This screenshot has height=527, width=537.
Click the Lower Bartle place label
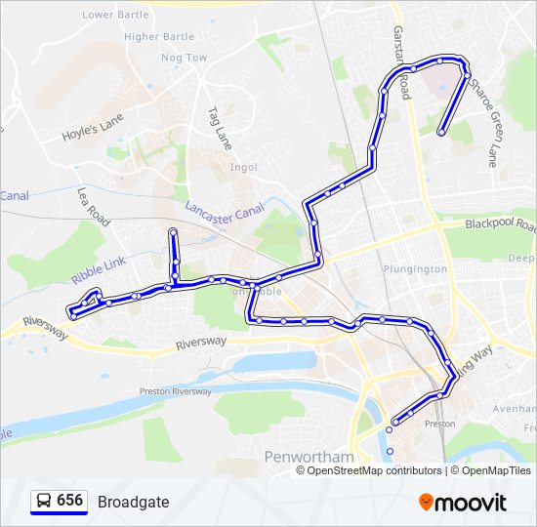[115, 16]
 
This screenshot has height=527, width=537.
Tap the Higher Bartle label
[160, 37]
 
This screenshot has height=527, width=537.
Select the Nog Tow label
[185, 58]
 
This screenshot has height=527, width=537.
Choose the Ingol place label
[243, 167]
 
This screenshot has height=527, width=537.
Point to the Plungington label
[415, 268]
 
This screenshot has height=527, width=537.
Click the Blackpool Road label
[501, 224]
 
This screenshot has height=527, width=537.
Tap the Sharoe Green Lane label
[483, 118]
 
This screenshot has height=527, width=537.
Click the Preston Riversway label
[176, 391]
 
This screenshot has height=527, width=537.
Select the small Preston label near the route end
[440, 425]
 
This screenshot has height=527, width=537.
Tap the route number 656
[70, 501]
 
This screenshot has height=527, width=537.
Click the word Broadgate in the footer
[133, 502]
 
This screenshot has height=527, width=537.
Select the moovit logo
[463, 502]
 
